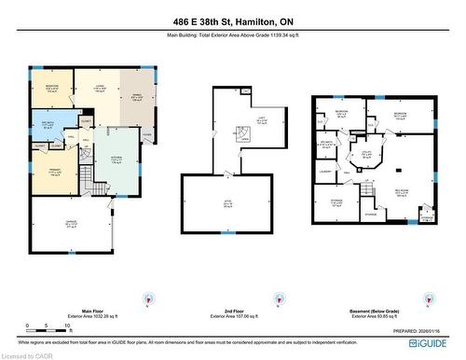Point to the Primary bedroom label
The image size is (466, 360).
(54, 173)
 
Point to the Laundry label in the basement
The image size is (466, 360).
(327, 171)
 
